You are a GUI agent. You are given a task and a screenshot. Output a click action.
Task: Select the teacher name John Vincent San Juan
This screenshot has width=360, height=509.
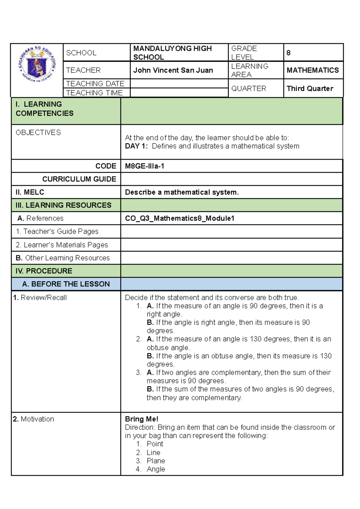[173, 70]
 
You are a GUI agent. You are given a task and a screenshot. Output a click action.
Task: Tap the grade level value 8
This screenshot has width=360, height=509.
[288, 53]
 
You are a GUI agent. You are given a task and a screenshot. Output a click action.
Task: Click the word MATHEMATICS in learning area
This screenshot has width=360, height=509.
[313, 70]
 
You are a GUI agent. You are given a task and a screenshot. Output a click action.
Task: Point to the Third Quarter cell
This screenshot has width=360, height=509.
[310, 88]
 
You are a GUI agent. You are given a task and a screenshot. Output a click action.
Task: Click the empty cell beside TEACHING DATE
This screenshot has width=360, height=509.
[179, 83]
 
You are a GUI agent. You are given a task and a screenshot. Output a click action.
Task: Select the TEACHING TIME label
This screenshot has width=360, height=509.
[94, 93]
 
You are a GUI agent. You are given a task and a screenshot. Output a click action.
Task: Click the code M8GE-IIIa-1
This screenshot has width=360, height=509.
[145, 166]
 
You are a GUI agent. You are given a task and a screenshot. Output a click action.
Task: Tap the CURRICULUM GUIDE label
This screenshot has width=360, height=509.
[79, 179]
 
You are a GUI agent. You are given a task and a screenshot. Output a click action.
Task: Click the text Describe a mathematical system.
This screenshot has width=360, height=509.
[182, 192]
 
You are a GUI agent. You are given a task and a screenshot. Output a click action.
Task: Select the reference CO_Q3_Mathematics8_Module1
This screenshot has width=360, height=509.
[180, 218]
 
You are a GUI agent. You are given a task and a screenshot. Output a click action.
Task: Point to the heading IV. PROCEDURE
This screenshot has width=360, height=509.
[44, 271]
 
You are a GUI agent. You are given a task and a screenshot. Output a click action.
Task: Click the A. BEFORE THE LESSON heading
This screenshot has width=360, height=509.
[66, 284]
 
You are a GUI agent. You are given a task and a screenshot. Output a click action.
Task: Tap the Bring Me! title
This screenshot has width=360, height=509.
[142, 419]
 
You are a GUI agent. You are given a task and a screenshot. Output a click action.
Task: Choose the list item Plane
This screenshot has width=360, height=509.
[156, 461]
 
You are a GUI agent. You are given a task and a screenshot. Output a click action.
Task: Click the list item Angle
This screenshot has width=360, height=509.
[156, 469]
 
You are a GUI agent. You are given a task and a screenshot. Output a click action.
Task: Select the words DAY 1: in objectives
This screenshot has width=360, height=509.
[136, 146]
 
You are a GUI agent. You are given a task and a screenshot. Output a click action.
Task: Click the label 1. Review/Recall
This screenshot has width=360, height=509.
[40, 298]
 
